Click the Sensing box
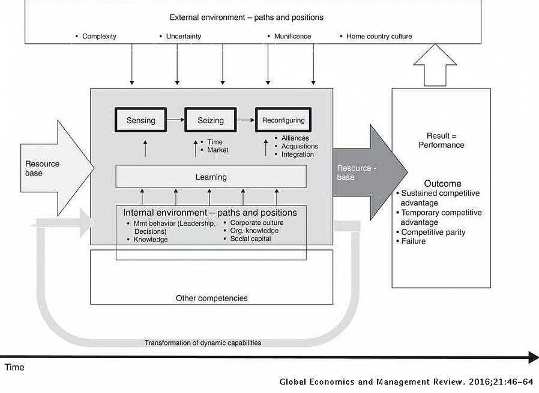[x=140, y=120]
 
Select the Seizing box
[x=210, y=120]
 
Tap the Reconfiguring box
[x=283, y=120]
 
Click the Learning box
[x=211, y=177]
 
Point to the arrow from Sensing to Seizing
[x=175, y=120]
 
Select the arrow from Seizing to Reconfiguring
[x=245, y=120]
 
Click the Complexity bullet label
[x=99, y=37]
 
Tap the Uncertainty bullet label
[x=183, y=37]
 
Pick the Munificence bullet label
[x=292, y=37]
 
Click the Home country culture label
[x=379, y=37]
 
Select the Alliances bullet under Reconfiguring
[x=295, y=138]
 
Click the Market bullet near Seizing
[x=217, y=150]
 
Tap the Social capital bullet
[x=250, y=239]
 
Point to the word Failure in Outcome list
[x=413, y=241]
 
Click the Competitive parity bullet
[x=433, y=232]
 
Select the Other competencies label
[x=211, y=298]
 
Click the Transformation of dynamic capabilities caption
[x=202, y=343]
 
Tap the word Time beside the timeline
[x=14, y=367]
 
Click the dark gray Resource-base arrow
[x=366, y=172]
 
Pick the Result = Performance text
[x=441, y=140]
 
